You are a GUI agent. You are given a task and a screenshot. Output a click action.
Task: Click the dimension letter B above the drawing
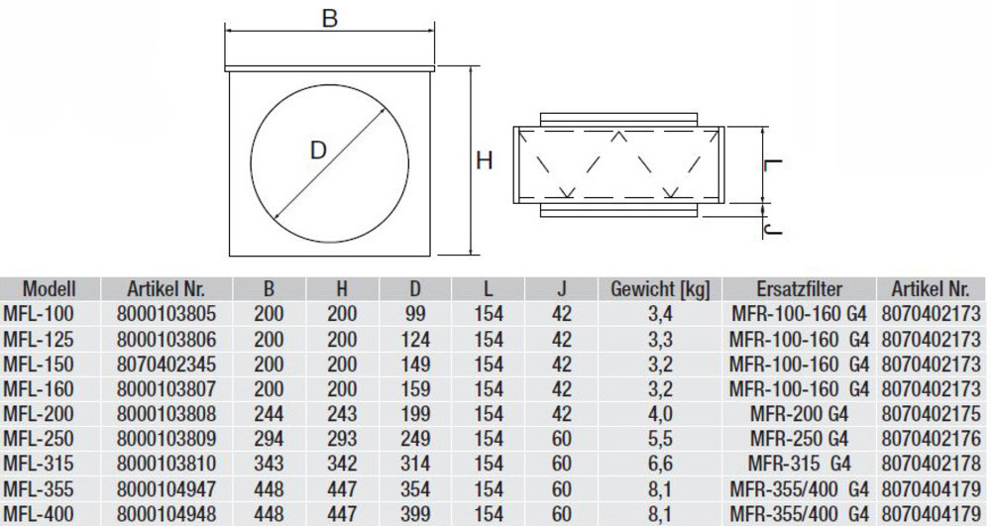pyautogui.click(x=329, y=18)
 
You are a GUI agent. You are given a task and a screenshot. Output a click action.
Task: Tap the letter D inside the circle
pyautogui.click(x=318, y=151)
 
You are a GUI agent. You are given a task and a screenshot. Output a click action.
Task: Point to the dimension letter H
pyautogui.click(x=485, y=161)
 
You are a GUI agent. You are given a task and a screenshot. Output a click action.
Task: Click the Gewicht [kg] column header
pyautogui.click(x=660, y=289)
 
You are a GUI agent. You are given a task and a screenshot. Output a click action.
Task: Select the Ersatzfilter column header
pyautogui.click(x=800, y=289)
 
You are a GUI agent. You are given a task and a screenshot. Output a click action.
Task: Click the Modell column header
pyautogui.click(x=49, y=289)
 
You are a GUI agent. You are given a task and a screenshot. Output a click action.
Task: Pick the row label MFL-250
pyautogui.click(x=39, y=439)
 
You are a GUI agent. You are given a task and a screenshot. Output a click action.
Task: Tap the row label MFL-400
pyautogui.click(x=39, y=514)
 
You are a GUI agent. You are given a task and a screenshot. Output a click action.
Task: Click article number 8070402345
pyautogui.click(x=166, y=365)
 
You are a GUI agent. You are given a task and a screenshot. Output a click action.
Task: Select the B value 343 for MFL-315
pyautogui.click(x=269, y=465)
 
